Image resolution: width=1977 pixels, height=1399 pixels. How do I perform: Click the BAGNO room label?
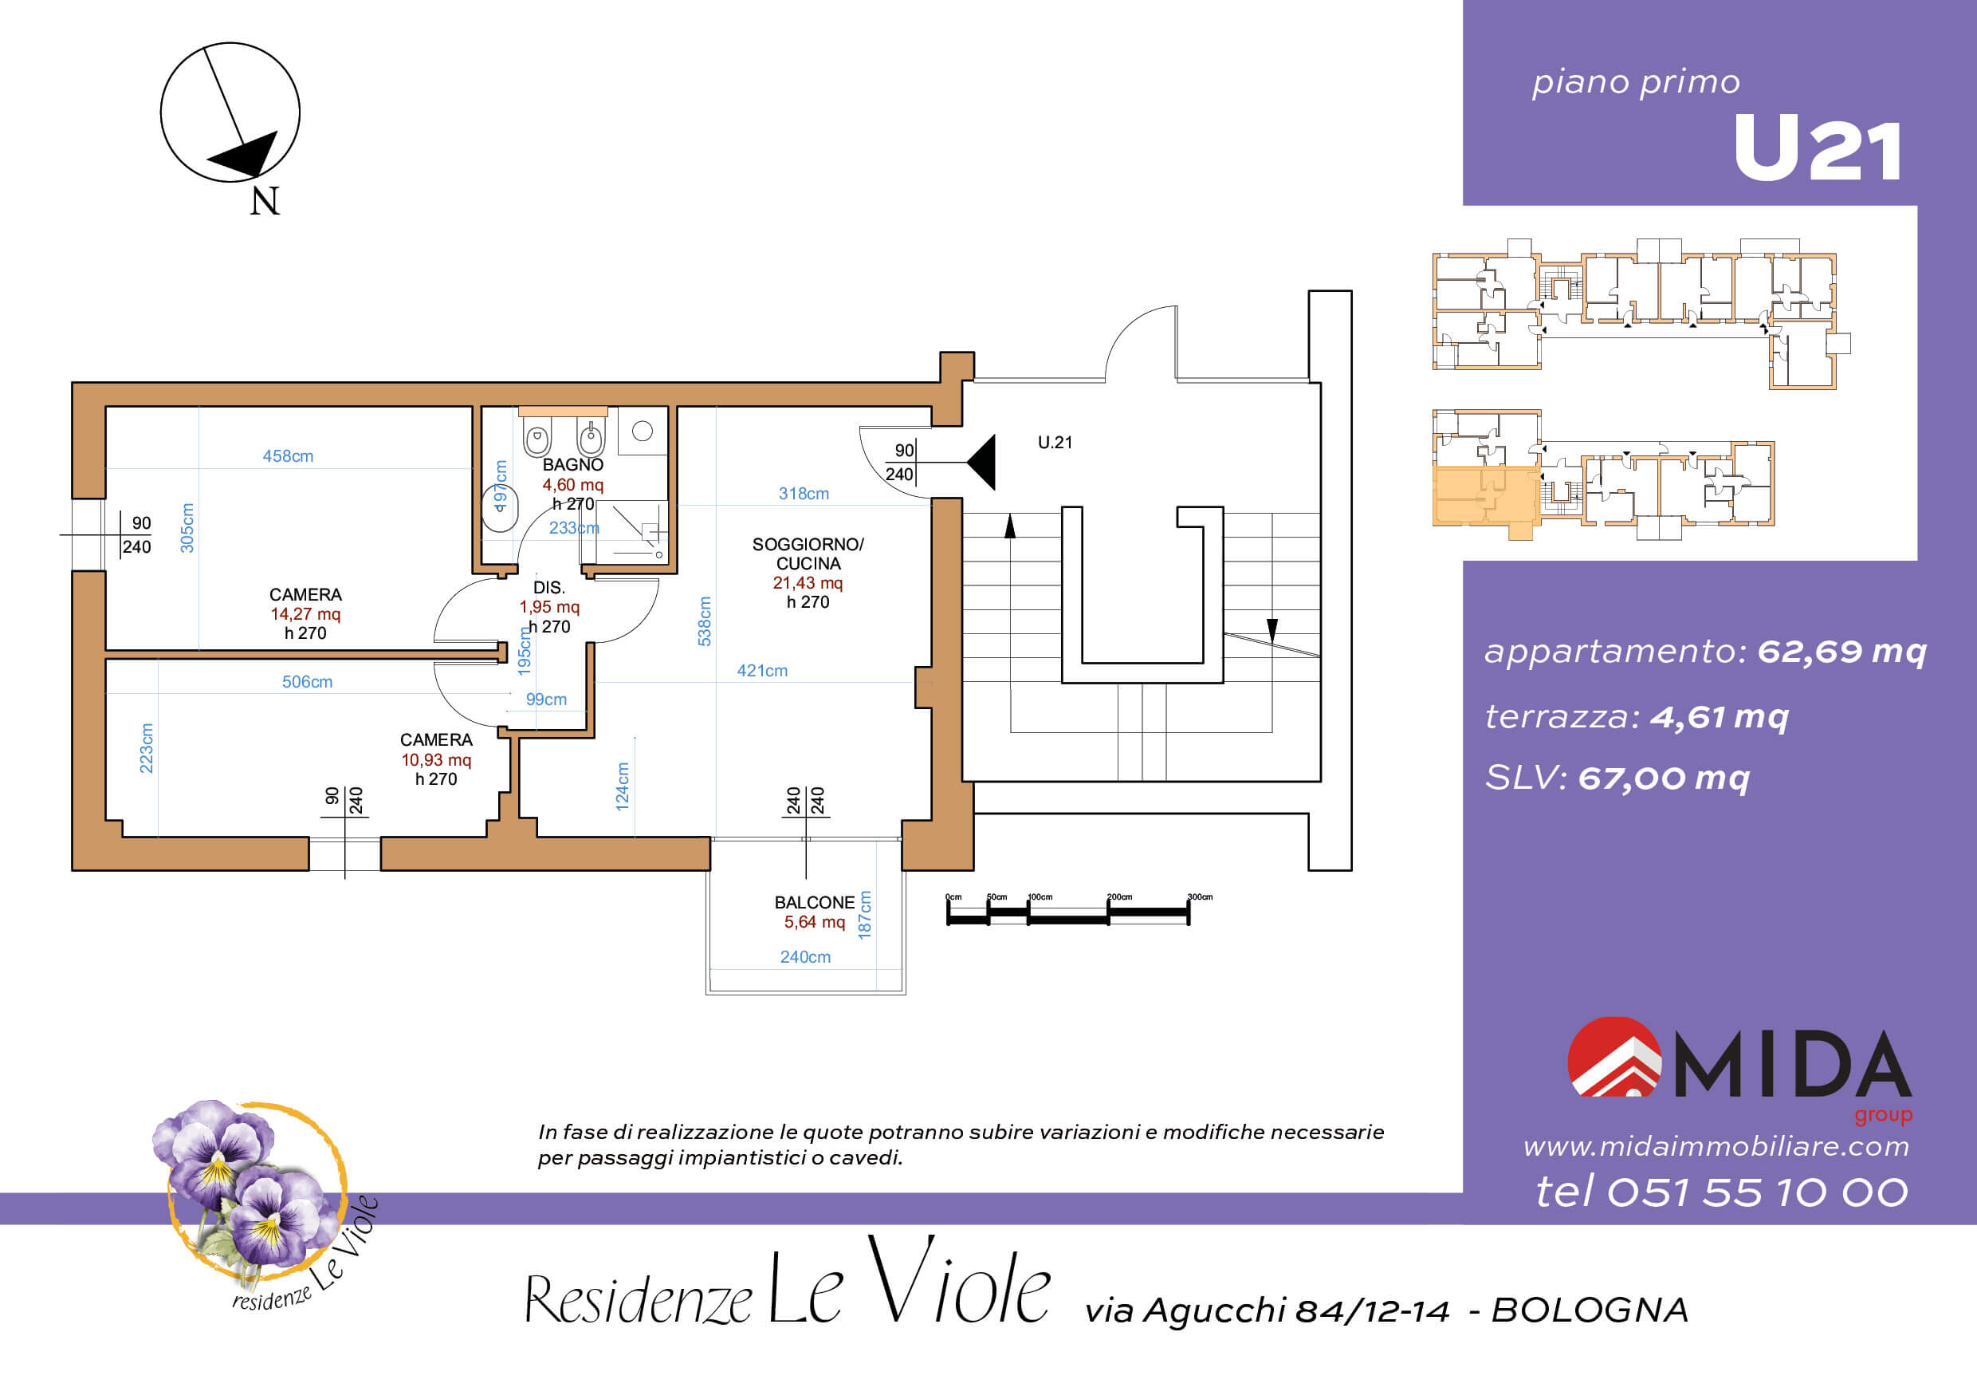(572, 465)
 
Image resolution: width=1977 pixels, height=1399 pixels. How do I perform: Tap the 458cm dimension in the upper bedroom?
(288, 456)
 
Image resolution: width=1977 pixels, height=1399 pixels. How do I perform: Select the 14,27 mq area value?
(305, 614)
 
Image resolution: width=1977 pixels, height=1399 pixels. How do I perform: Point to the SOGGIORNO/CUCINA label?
(808, 554)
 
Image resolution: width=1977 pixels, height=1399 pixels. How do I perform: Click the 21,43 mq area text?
(808, 583)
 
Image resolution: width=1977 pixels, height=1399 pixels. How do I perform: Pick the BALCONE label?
(815, 903)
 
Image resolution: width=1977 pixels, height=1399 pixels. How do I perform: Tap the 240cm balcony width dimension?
(805, 957)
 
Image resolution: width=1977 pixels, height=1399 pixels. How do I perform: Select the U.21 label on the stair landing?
(1055, 443)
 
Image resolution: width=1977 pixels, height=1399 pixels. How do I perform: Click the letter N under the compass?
(265, 202)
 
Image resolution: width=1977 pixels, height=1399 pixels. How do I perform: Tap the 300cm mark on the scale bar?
(1200, 897)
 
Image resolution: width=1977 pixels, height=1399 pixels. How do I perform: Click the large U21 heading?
(1817, 150)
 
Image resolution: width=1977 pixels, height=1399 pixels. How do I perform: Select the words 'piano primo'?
(1636, 83)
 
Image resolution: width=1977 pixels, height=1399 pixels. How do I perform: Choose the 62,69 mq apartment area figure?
(1841, 652)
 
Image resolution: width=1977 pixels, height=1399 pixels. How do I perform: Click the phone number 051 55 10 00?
(1758, 1192)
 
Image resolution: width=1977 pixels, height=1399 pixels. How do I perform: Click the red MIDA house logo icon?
(1613, 1057)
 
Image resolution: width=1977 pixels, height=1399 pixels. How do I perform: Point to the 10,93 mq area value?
(437, 760)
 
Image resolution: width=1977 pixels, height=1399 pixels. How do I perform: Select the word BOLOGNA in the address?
(1590, 1310)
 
